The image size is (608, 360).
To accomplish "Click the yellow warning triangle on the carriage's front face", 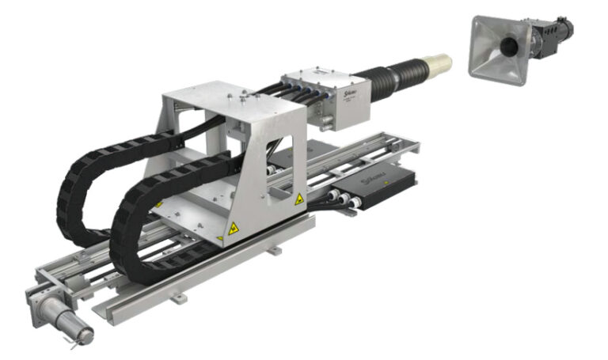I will point(234,228).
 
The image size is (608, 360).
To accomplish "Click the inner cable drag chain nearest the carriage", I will point(131,222).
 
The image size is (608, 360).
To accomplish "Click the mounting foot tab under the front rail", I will point(180,297).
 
